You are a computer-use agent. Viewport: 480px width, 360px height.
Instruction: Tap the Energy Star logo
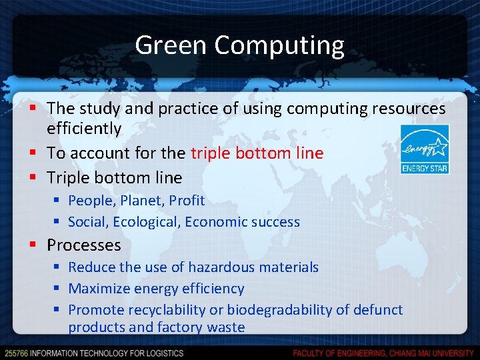[x=424, y=149]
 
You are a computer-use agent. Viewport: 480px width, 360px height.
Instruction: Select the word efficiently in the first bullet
[x=84, y=128]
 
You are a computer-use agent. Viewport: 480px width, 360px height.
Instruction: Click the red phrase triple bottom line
[x=257, y=153]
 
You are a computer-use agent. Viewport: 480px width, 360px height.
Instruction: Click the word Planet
[x=143, y=200]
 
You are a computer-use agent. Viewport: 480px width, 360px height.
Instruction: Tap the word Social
[x=89, y=222]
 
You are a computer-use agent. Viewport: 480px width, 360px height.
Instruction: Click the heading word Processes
[x=84, y=245]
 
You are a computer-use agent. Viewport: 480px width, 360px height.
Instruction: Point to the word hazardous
[x=217, y=267]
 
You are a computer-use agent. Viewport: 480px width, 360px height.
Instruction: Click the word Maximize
[x=99, y=289]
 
